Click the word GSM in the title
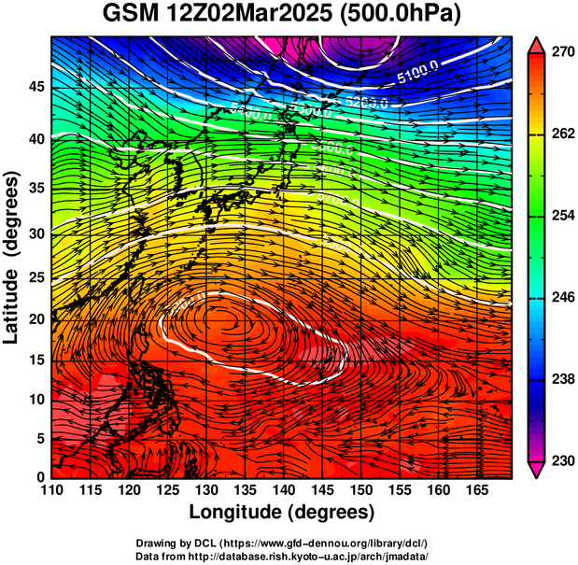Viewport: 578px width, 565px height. click(x=130, y=13)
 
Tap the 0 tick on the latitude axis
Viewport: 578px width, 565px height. click(x=38, y=477)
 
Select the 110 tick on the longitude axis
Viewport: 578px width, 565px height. click(x=51, y=491)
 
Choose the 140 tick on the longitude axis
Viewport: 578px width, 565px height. click(x=280, y=491)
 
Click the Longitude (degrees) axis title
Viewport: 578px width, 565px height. click(x=281, y=512)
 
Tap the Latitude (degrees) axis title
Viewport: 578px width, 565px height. click(x=12, y=258)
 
